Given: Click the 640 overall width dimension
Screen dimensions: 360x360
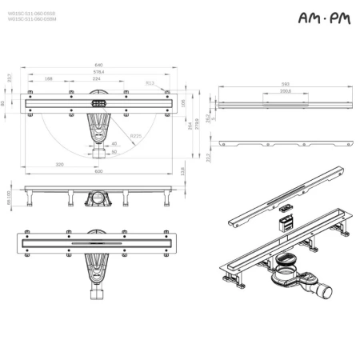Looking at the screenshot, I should click(x=100, y=66).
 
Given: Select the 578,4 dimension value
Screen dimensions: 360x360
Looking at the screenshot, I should click(x=100, y=72).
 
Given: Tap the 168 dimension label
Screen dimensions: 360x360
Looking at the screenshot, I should click(x=49, y=79).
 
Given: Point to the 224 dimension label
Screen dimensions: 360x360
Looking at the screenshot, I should click(x=98, y=79).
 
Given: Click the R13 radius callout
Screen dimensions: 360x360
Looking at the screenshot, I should click(x=150, y=82).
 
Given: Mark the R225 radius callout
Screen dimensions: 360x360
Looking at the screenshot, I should click(x=135, y=137).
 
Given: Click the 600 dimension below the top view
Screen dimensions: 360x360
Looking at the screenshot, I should click(x=100, y=172).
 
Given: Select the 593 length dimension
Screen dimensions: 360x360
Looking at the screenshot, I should click(x=284, y=82).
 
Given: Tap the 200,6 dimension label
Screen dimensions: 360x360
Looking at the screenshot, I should click(x=286, y=90).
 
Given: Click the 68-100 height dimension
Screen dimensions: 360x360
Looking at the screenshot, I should click(x=10, y=197).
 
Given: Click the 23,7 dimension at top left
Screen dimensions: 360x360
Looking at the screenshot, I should click(x=9, y=78).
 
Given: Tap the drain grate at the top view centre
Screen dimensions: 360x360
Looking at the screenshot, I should click(x=99, y=104).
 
